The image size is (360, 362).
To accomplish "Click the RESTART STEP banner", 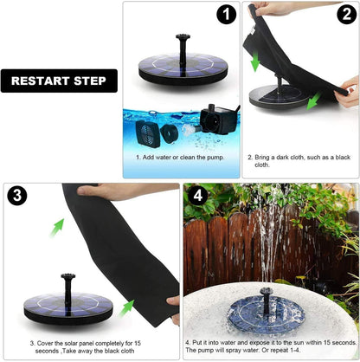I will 59,81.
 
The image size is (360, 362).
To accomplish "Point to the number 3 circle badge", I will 18,195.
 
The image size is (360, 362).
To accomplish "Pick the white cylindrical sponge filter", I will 173,133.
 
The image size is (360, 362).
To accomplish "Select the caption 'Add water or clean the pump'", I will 179,158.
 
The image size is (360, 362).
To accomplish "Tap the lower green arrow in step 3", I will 127,306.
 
